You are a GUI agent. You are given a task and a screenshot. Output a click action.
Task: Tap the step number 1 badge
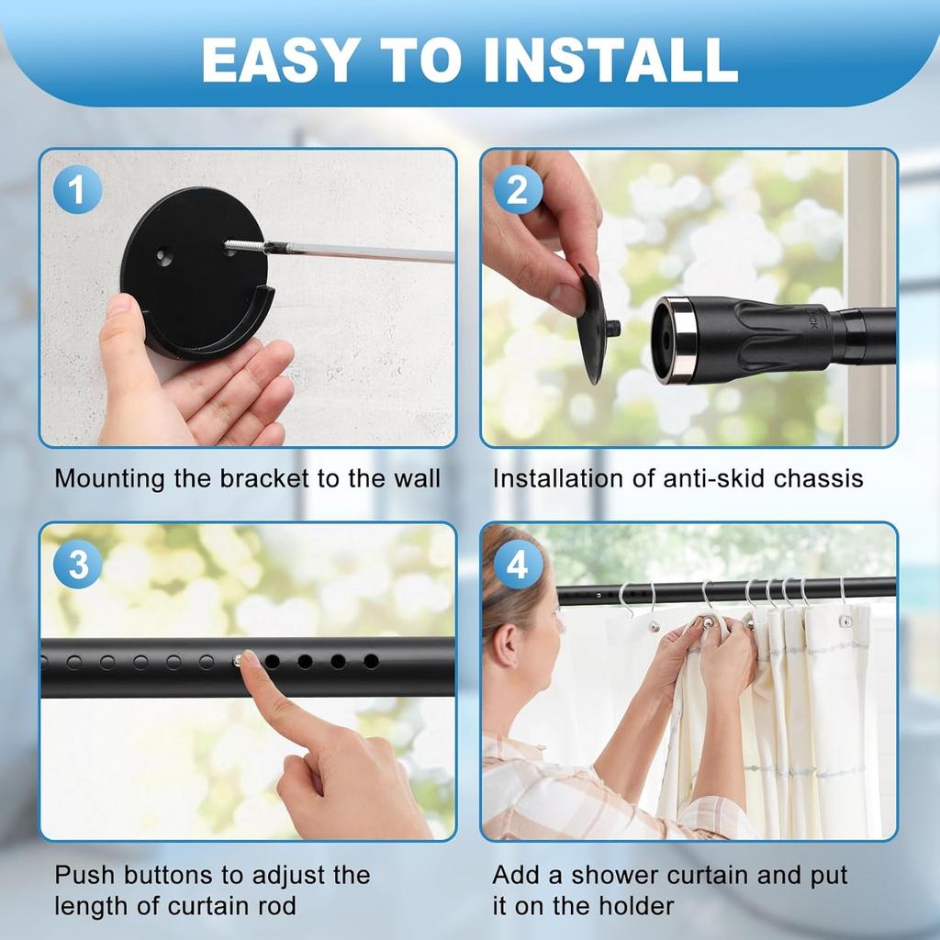77,191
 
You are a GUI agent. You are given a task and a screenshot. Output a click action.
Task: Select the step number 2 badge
518,191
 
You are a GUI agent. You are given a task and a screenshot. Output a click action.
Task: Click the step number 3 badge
77,565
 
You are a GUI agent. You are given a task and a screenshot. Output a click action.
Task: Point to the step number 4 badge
518,565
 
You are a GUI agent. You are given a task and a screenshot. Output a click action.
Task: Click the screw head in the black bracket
230,246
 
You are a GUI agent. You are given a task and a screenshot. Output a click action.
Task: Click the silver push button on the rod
240,660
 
